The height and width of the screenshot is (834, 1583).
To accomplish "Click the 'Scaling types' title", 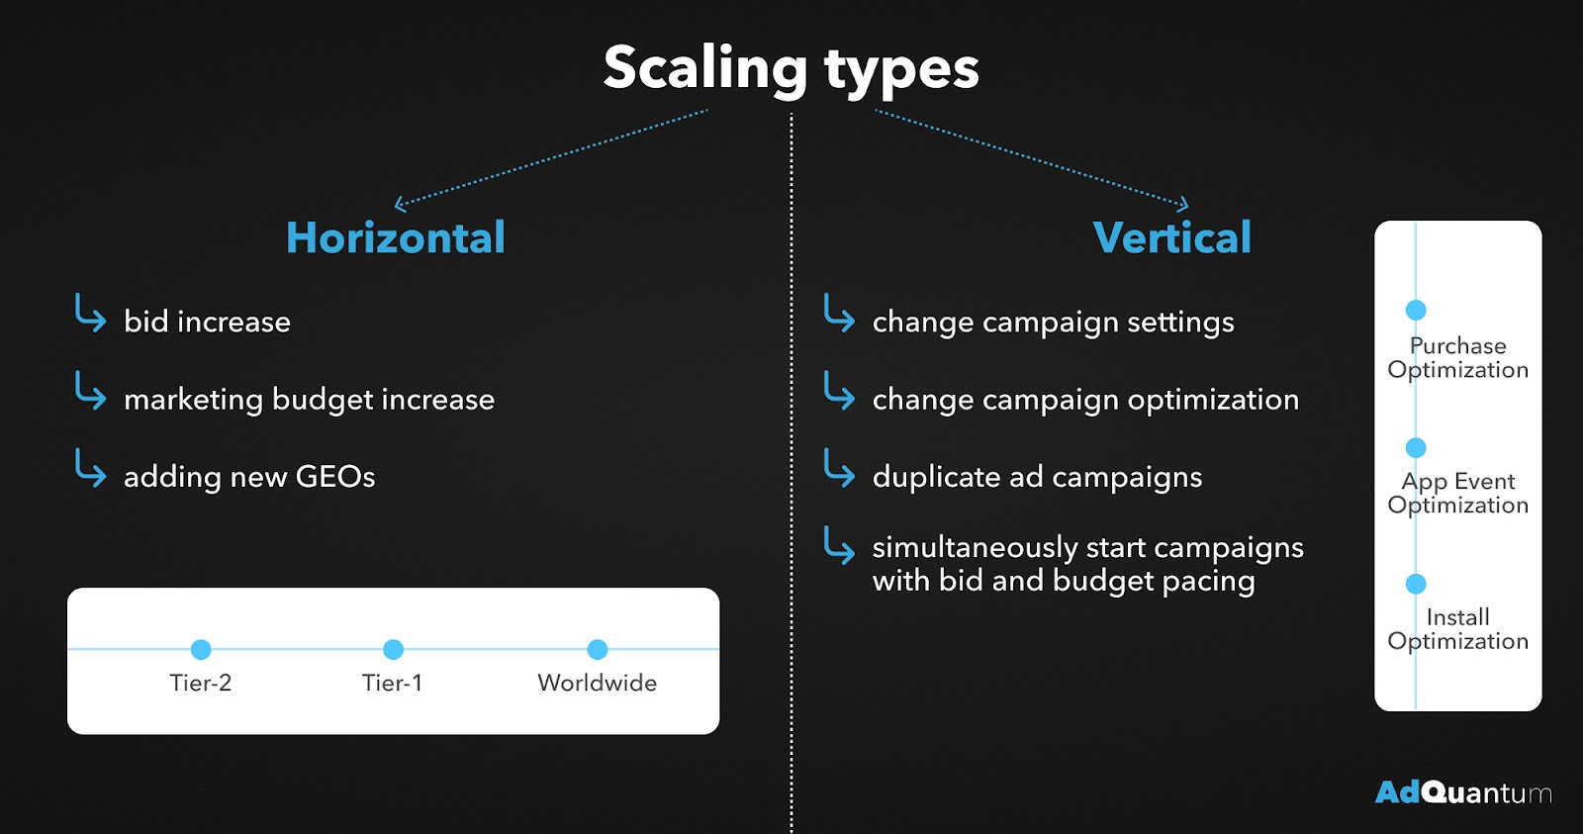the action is point(791,68).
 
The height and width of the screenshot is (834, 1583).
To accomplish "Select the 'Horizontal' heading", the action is point(396,237).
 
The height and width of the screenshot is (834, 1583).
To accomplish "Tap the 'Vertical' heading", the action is point(1171,237).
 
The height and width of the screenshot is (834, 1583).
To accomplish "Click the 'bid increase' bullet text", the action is point(207,322).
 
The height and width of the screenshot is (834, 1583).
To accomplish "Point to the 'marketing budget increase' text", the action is point(310,400).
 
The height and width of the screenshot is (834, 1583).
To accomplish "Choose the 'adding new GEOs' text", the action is point(249,477).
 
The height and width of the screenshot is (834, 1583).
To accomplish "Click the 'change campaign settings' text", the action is point(1054,323).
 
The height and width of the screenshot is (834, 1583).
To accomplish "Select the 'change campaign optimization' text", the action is point(1085,401).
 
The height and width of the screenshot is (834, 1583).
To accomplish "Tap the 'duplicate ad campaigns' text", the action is point(1038,478).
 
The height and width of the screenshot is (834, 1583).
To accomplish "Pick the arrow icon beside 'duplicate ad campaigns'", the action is point(839,468).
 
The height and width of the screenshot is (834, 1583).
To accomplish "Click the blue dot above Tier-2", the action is point(201,649).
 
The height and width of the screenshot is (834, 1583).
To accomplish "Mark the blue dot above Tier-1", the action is point(393,649).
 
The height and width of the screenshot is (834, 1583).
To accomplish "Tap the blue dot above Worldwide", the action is point(598,649).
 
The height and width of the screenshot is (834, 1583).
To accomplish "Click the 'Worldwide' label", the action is point(598,683).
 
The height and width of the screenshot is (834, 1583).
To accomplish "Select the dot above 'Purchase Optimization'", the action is point(1416,310).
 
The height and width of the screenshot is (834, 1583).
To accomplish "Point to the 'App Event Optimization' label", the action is point(1458,494).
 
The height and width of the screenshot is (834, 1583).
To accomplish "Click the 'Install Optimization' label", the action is point(1458,629).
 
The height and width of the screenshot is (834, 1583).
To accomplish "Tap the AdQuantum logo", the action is point(1463,792).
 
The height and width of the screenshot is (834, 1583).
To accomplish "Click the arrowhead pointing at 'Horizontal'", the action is point(400,204).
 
